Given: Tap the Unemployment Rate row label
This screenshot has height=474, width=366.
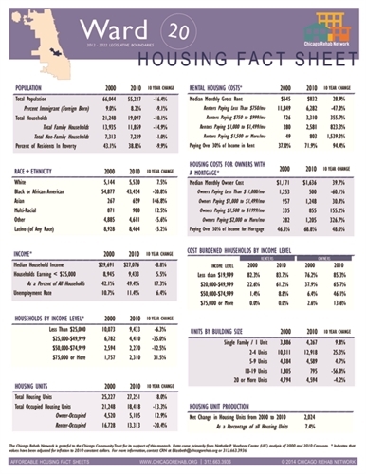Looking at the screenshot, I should (41, 297).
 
